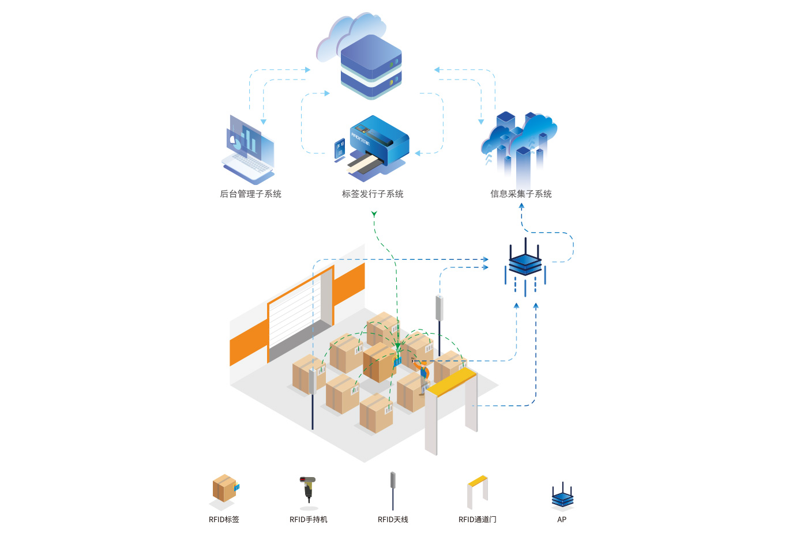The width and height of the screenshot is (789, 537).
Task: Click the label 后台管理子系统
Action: [250, 194]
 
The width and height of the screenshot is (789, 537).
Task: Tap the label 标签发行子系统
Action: [373, 194]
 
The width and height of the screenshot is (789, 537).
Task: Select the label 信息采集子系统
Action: [521, 194]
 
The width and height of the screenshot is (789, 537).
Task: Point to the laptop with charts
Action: [248, 150]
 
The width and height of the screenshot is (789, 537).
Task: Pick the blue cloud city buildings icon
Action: [519, 144]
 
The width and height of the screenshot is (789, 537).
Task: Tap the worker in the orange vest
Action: [423, 375]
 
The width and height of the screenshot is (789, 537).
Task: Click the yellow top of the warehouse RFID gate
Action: [450, 381]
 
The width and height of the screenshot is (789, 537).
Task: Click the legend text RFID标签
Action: [224, 520]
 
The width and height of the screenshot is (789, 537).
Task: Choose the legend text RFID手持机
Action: [308, 520]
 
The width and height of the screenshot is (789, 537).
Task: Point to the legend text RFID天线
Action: [393, 520]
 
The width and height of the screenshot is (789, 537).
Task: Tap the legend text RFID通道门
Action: [477, 520]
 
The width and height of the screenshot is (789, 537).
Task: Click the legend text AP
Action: [562, 520]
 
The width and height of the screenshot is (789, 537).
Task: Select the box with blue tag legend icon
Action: [224, 489]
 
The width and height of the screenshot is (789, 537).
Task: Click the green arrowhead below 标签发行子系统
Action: [374, 214]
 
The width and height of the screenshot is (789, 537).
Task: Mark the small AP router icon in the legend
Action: [562, 496]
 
